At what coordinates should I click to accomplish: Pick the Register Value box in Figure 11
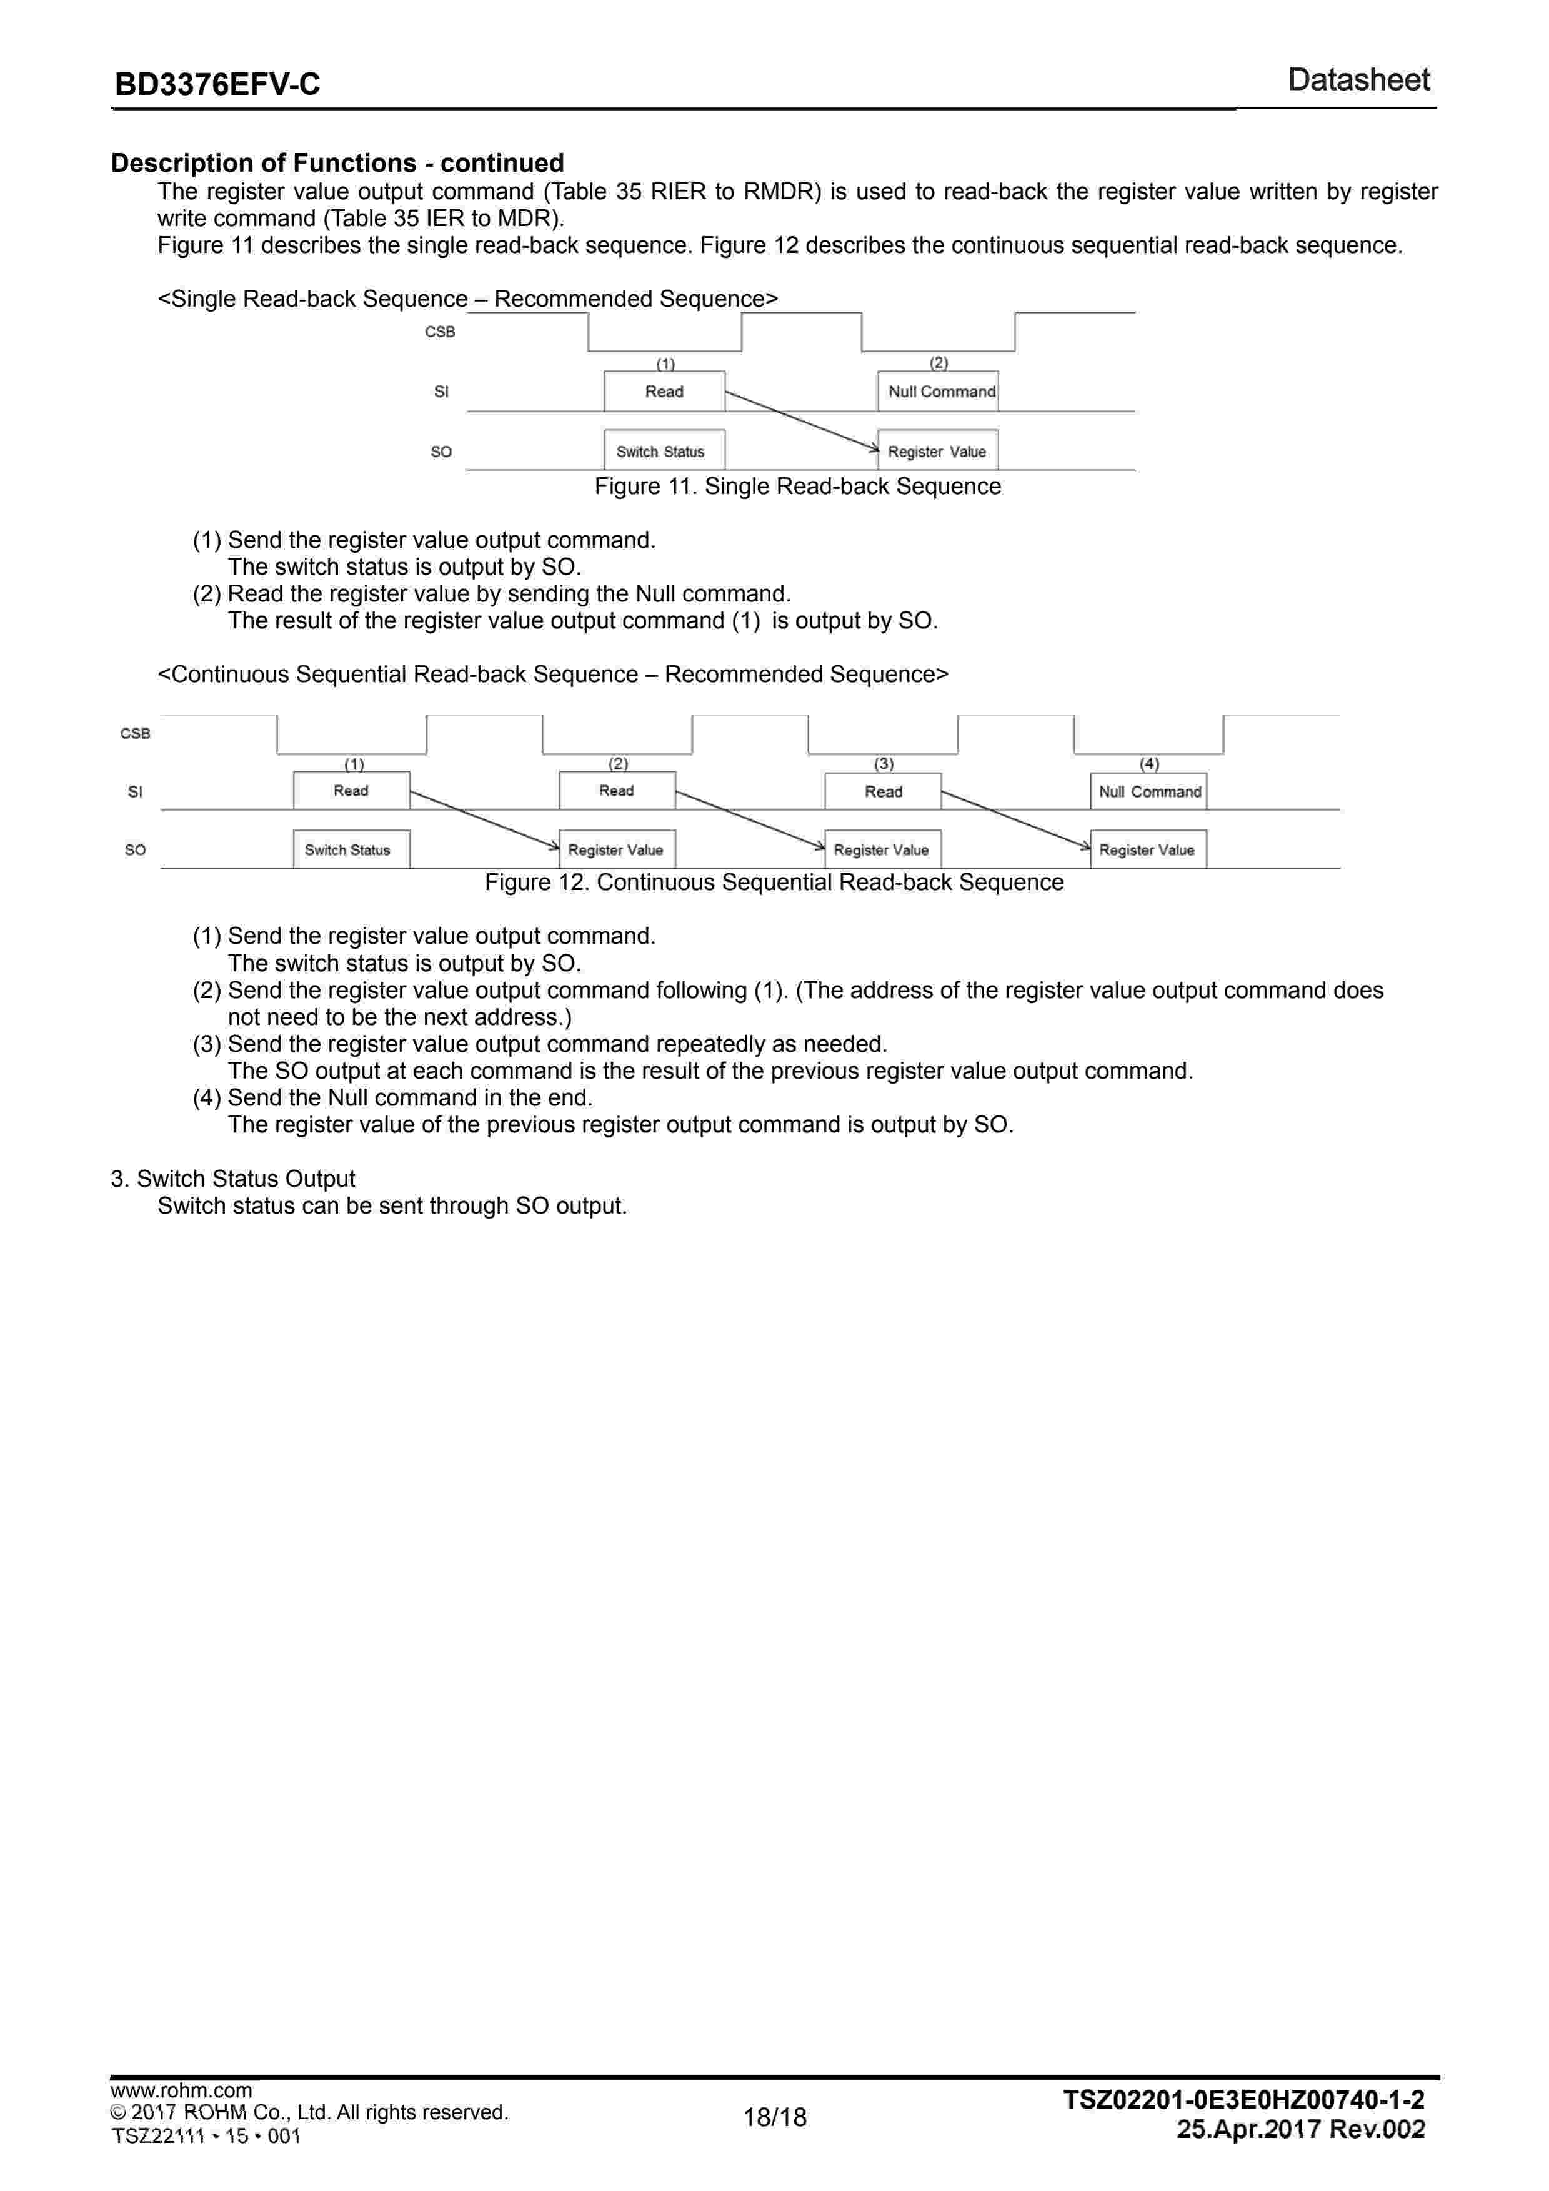coord(938,452)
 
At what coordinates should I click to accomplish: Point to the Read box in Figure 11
coord(664,391)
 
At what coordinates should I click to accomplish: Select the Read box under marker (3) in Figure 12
coord(883,791)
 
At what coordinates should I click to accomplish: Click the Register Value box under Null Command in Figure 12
coord(1148,849)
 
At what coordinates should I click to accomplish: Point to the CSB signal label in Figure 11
coord(440,332)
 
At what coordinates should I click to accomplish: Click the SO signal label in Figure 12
coord(136,849)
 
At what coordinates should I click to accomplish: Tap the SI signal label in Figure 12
coord(136,791)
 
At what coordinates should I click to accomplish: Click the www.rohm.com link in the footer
coord(181,2091)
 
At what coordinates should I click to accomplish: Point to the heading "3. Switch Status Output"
coord(233,1179)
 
